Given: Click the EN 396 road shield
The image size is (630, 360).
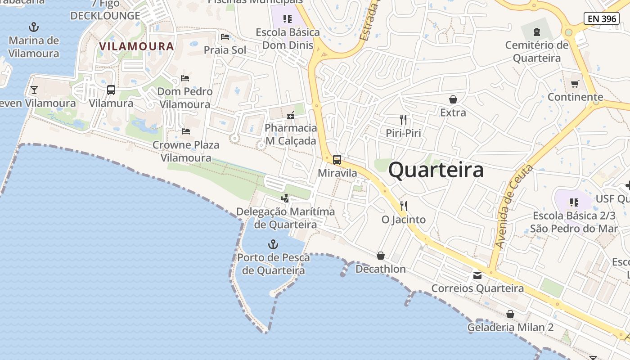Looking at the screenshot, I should tap(601, 18).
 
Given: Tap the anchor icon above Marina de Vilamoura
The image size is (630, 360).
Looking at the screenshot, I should tap(34, 27).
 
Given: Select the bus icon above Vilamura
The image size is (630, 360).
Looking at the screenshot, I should tap(111, 90).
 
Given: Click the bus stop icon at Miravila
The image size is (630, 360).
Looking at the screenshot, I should tap(337, 160).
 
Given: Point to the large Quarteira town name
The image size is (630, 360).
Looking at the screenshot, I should tap(436, 170).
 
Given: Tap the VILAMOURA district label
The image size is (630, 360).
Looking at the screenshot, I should tap(136, 46).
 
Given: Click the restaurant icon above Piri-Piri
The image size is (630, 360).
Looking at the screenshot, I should tap(403, 120).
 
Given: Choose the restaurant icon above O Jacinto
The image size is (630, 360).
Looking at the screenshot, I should tap(404, 206).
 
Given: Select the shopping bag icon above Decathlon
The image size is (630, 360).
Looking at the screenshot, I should tap(381, 256).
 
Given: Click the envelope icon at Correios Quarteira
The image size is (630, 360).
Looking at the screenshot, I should tap(477, 275).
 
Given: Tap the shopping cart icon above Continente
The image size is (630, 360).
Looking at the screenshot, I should tap(575, 84).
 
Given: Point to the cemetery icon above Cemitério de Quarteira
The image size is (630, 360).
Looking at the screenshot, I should tap(536, 32).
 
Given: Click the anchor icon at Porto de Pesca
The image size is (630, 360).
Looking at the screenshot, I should tap(273, 244).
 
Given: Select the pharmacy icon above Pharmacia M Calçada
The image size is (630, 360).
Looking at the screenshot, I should tap(291, 115).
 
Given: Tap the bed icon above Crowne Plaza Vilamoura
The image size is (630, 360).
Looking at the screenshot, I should tap(185, 131).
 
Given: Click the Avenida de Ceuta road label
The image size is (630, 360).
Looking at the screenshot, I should tap(513, 207).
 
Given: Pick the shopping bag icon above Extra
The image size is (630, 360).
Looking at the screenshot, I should tap(453, 99).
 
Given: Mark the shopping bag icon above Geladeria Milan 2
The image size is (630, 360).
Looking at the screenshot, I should tap(510, 314).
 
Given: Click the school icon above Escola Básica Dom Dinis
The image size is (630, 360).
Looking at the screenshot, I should tap(288, 19).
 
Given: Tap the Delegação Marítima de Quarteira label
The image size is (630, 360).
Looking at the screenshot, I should tap(285, 218).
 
